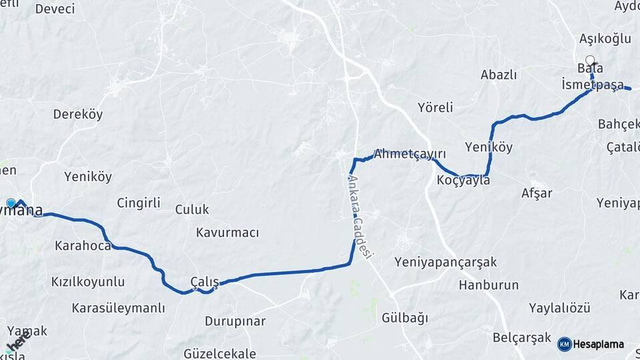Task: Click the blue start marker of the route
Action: click(x=11, y=203)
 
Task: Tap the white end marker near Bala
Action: click(x=589, y=59)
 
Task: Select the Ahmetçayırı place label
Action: click(x=409, y=153)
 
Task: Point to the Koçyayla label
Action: click(x=463, y=180)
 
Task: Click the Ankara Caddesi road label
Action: click(x=361, y=216)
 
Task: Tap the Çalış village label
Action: click(x=205, y=281)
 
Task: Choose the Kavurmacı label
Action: click(x=227, y=233)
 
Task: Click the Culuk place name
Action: click(x=192, y=209)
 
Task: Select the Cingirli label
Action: click(x=139, y=203)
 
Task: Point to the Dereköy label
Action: click(x=78, y=114)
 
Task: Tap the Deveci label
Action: click(x=55, y=9)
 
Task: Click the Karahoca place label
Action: click(x=83, y=246)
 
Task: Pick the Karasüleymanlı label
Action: click(x=118, y=308)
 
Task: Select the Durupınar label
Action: click(x=235, y=321)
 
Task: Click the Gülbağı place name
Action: click(x=405, y=318)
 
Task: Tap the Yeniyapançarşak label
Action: click(x=445, y=262)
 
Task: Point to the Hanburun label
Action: click(x=489, y=285)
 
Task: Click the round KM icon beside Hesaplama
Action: click(x=564, y=344)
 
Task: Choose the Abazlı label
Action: click(x=499, y=75)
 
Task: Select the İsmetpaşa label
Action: click(x=593, y=85)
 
